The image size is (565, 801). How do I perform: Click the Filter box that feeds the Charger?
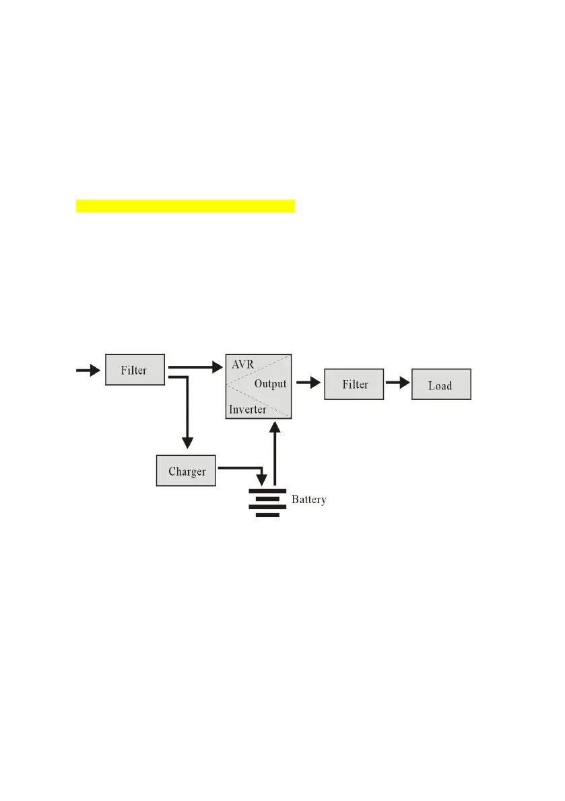(x=135, y=369)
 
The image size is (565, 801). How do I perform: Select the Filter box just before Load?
(x=354, y=384)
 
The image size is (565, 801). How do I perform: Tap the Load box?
(x=440, y=385)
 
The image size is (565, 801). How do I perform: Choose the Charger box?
(x=187, y=471)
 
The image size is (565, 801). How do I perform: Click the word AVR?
(x=242, y=365)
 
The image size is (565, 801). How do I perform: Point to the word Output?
(x=270, y=384)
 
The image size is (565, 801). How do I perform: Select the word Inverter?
(x=247, y=409)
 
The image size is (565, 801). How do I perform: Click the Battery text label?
(x=309, y=500)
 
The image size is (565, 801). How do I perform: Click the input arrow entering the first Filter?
(x=88, y=369)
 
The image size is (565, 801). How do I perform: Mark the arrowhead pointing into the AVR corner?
(x=218, y=367)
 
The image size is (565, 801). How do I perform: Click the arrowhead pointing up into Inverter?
(x=274, y=426)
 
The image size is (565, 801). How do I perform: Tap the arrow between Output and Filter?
(x=308, y=383)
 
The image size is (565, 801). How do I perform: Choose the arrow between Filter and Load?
(x=397, y=383)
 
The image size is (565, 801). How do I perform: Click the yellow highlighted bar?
(x=185, y=205)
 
